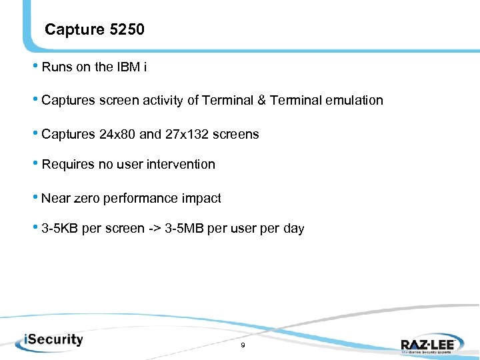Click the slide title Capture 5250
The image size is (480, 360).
tap(94, 30)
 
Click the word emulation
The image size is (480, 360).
tap(355, 101)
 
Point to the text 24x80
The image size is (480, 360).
tap(117, 134)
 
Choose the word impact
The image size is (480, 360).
tap(201, 199)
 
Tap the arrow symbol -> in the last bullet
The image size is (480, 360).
tap(131, 229)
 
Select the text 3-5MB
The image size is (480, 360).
tap(160, 229)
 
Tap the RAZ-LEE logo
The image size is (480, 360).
tap(427, 345)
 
